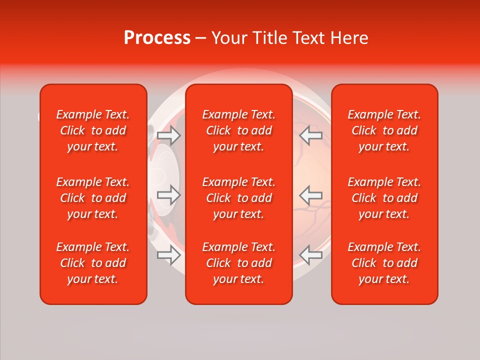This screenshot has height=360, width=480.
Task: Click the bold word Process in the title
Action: point(157,38)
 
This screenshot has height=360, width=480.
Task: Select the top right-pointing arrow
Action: point(168,135)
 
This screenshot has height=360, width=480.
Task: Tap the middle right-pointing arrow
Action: point(168,195)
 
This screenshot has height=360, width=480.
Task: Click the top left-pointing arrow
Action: point(310,135)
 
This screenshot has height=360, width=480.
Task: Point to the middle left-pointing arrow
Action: point(310,195)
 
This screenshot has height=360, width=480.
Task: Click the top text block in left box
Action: point(93,130)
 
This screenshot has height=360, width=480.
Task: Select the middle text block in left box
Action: point(93,198)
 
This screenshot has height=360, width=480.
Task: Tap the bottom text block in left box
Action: point(93,263)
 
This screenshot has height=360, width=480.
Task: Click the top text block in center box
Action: point(239,130)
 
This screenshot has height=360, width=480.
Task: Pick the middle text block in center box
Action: point(239,198)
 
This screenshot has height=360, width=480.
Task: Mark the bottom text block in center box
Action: point(239,263)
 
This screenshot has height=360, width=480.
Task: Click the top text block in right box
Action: point(384,130)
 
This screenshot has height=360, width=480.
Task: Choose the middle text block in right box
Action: point(384,198)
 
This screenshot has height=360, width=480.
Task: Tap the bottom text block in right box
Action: point(384,263)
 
